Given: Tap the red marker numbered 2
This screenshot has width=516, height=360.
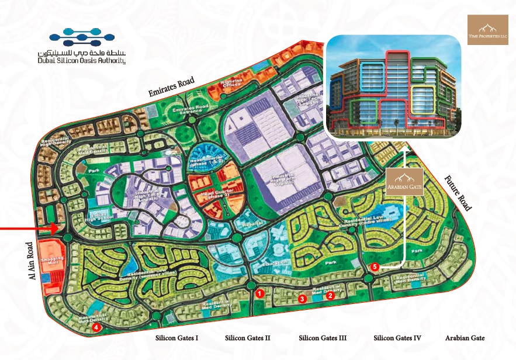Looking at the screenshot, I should coord(330,296).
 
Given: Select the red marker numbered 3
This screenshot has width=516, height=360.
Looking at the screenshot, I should coord(302,299).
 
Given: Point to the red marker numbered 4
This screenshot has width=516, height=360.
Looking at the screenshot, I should coord(96,328).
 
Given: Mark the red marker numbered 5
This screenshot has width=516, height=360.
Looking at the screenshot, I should coord(375,267).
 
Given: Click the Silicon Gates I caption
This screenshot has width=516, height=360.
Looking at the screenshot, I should coord(177,338).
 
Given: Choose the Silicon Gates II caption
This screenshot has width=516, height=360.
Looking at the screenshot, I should coord(248,338).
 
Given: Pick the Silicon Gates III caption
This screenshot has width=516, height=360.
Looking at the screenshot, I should coord(323,338).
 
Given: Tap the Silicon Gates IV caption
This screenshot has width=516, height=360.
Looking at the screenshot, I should coord(397,338).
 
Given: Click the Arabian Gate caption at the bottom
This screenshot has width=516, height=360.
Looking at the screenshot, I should coord(465,338).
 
